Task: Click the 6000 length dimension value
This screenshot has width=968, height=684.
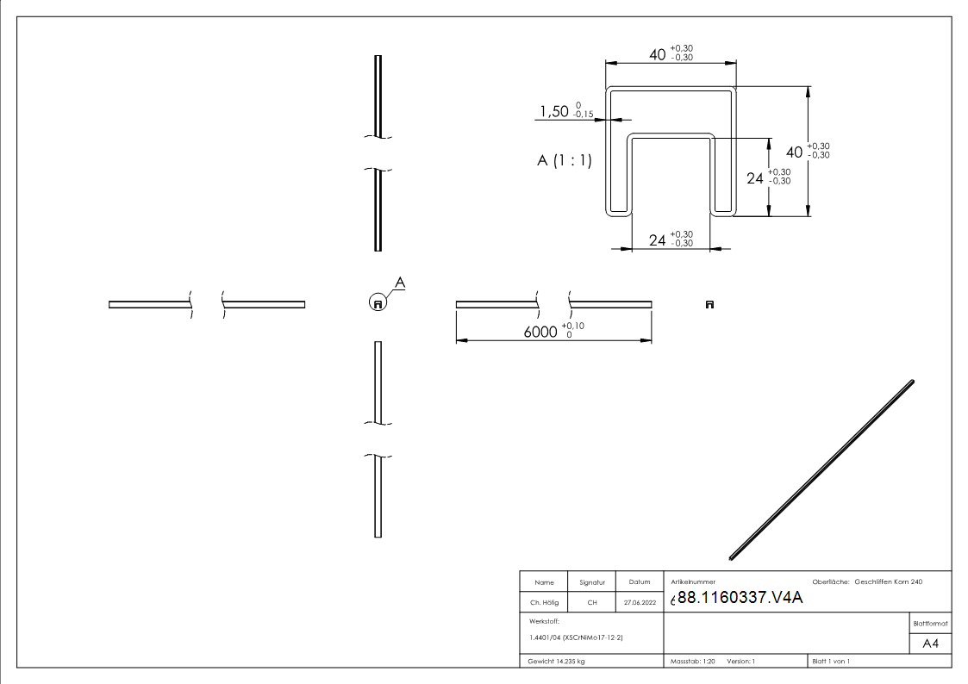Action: (540, 332)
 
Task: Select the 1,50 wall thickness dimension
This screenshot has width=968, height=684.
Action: (553, 112)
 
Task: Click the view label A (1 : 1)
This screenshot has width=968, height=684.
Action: (565, 160)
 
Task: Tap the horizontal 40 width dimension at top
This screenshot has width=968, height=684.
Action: (658, 55)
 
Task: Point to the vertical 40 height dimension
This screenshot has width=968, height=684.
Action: (795, 152)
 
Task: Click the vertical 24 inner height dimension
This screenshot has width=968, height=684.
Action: (755, 178)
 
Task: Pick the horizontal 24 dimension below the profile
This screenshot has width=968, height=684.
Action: (658, 240)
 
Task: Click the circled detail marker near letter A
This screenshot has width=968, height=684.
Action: (378, 303)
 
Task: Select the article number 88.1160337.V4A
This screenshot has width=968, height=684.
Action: (740, 598)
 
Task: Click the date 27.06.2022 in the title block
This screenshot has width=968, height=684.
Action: (640, 602)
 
